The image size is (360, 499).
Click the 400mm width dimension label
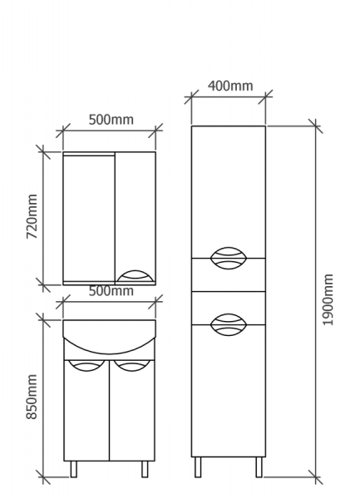tap(230, 86)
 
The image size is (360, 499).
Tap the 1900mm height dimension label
tap(328, 299)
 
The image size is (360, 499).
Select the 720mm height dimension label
tap(32, 216)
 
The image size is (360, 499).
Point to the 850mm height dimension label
tap(32, 397)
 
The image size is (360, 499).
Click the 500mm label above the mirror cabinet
tap(111, 120)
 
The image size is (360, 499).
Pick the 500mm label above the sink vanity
tap(111, 291)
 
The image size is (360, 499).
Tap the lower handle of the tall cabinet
tap(229, 324)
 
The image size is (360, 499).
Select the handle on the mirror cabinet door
tap(135, 276)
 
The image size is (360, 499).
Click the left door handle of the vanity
tap(86, 366)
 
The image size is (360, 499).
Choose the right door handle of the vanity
tap(132, 366)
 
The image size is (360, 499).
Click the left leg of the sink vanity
tap(73, 469)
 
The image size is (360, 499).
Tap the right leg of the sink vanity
tap(145, 469)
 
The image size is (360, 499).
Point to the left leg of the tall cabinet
tap(198, 467)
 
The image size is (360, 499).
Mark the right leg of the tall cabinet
tap(259, 467)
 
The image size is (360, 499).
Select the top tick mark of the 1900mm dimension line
tap(315, 126)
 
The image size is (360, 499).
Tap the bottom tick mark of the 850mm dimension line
tap(43, 477)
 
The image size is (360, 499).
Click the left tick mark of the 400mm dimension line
tap(191, 96)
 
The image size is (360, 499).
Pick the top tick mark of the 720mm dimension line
tap(43, 152)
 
